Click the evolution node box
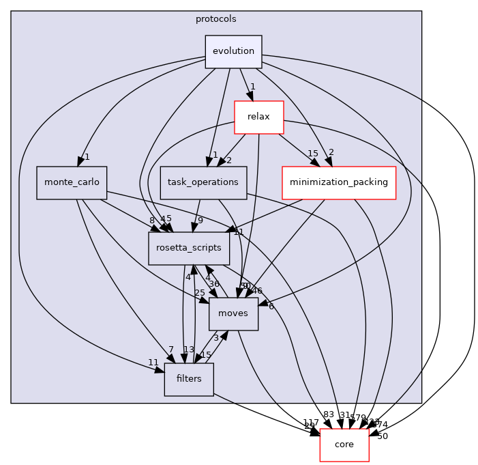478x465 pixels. pos(233,51)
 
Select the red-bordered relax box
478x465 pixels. pos(258,117)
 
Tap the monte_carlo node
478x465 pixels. pos(72,182)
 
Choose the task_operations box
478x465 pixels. pos(203,182)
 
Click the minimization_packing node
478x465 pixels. pos(339,182)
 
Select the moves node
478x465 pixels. pos(233,313)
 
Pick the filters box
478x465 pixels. pos(189,379)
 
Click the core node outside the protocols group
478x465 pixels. pos(344,445)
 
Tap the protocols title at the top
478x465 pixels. pos(216,19)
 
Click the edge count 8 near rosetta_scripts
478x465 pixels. pos(152,220)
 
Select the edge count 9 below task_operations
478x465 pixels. pos(200,220)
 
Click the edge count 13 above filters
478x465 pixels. pos(189,350)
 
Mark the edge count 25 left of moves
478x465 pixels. pos(200,292)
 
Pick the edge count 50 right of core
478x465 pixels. pos(382,436)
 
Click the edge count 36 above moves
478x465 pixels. pos(214,284)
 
